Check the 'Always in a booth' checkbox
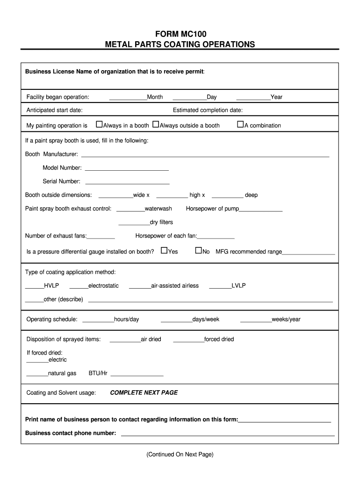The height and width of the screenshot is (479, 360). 99,125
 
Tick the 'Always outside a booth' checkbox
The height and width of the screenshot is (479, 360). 156,125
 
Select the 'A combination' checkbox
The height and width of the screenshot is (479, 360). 241,125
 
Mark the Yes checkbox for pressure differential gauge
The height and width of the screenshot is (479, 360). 164,251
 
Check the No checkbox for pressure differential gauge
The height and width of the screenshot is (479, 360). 198,251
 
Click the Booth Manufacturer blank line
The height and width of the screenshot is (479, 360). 205,155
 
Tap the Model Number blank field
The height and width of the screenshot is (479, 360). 126,168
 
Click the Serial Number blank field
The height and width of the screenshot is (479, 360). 127,182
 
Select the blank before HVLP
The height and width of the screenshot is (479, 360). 34,286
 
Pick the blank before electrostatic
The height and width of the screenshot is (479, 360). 79,286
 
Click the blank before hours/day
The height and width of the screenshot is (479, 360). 98,320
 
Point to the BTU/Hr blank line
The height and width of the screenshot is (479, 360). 137,374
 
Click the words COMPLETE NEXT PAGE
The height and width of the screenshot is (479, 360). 144,393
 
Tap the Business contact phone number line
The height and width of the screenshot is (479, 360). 228,434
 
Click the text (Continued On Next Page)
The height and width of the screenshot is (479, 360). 180,454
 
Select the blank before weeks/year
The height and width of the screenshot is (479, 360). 256,320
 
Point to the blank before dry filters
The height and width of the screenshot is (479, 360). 134,223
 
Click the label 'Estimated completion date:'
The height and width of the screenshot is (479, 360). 208,110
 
